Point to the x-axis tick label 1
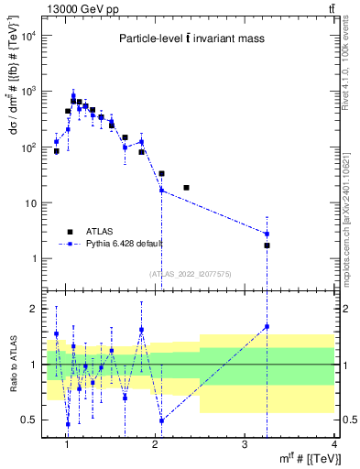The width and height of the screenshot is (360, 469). click(67, 444)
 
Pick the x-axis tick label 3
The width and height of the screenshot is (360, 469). click(245, 444)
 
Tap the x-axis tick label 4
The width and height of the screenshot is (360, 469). click(333, 444)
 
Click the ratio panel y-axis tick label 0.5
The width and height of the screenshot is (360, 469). click(30, 420)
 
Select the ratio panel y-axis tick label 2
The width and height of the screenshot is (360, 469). click(36, 309)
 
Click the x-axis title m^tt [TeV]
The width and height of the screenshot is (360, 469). click(303, 459)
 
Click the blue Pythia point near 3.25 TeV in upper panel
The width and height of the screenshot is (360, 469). click(267, 234)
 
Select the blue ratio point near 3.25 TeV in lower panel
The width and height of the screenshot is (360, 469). click(267, 326)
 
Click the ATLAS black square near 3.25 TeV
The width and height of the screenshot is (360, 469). click(267, 245)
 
